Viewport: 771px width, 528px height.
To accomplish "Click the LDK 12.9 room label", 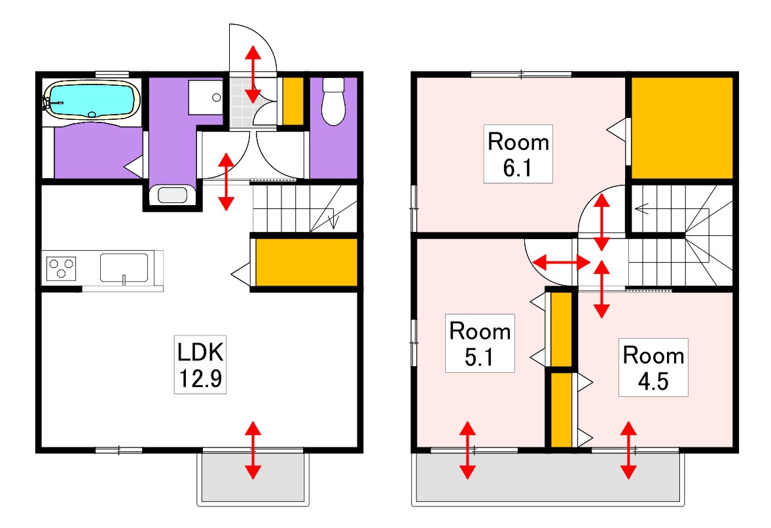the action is (200, 365).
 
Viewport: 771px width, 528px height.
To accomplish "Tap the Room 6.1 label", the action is (518, 154).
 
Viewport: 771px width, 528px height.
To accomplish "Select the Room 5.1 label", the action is (479, 343).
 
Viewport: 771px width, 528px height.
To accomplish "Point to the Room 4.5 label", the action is (653, 367).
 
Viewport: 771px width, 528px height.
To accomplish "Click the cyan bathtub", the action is (92, 100).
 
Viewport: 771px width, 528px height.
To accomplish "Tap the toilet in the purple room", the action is (333, 102).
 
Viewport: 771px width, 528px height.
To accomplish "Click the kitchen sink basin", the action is (124, 268).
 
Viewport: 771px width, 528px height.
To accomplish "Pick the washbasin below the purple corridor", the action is (172, 195).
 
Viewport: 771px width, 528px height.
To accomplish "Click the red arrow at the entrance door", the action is (253, 74).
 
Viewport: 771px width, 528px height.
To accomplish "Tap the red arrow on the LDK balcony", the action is (253, 450).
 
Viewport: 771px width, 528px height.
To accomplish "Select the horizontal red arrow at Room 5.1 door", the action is (562, 262).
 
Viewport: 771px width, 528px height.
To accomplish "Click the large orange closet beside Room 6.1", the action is (682, 128).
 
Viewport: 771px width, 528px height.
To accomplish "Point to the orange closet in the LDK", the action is (306, 262).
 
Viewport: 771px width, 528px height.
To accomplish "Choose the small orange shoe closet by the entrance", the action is (293, 101).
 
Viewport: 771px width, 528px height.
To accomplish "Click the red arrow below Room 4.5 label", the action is (628, 450).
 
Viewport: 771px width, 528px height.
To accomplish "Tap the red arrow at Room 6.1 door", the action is (602, 223).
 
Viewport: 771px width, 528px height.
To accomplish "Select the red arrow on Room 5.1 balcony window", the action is (467, 450).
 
